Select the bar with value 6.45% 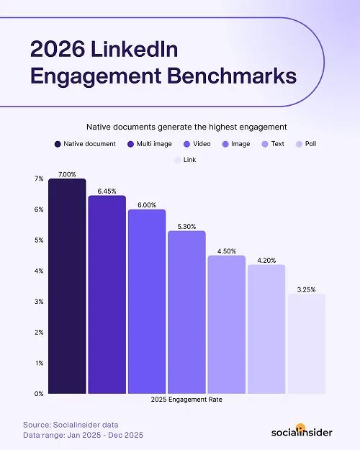click(x=107, y=295)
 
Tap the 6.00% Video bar click(x=147, y=302)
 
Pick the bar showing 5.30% click(x=186, y=312)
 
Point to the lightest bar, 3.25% click(x=307, y=344)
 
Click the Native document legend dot click(x=57, y=144)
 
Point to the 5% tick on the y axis click(x=39, y=240)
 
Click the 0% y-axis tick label click(x=39, y=394)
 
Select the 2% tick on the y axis click(x=39, y=333)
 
